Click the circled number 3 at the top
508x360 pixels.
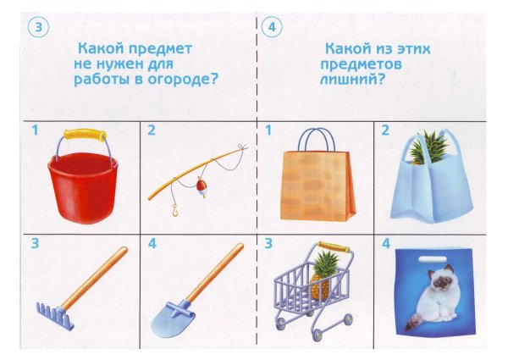coord(38,27)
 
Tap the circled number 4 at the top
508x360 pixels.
coord(272,27)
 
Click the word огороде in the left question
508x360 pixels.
coord(183,80)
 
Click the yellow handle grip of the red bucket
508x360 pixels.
coord(86,134)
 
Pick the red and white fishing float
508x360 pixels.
coord(201,188)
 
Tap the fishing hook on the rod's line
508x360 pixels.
coord(175,211)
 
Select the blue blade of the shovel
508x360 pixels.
coord(173,318)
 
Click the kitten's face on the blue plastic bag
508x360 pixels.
coord(440,280)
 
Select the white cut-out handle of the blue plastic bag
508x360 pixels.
coord(432,259)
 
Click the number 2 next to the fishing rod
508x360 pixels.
coord(152,130)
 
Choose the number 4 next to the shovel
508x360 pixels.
coord(152,243)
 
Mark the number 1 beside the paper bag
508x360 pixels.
coord(268,130)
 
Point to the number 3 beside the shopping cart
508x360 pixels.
coord(268,243)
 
